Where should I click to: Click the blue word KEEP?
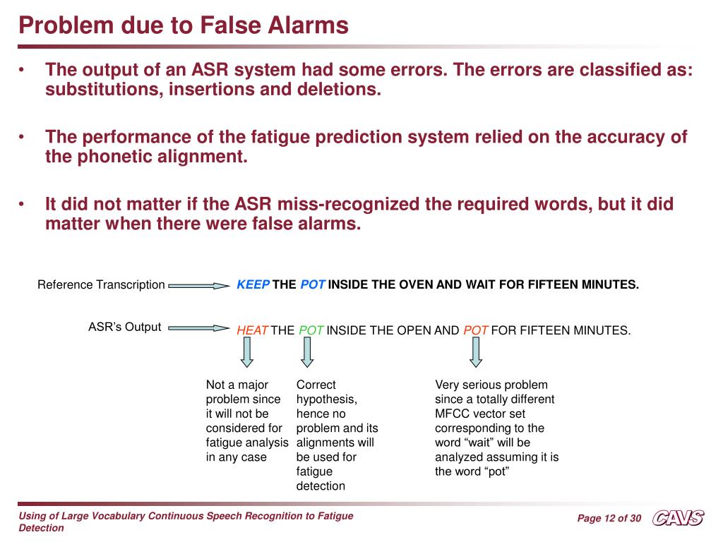pos(253,285)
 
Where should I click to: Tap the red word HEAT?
pos(252,330)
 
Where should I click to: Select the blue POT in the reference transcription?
pos(313,285)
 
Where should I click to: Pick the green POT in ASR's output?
pos(311,330)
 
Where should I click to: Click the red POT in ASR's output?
pos(476,330)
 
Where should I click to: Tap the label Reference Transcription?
pos(101,285)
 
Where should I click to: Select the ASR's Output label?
pos(124,327)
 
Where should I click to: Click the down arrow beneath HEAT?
pos(246,352)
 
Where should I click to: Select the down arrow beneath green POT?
pos(306,352)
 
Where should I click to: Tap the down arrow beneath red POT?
pos(476,352)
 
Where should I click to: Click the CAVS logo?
pos(678,519)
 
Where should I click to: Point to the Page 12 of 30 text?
pos(609,519)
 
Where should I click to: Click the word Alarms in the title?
pos(309,25)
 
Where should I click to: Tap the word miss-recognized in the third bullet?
pos(347,205)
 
